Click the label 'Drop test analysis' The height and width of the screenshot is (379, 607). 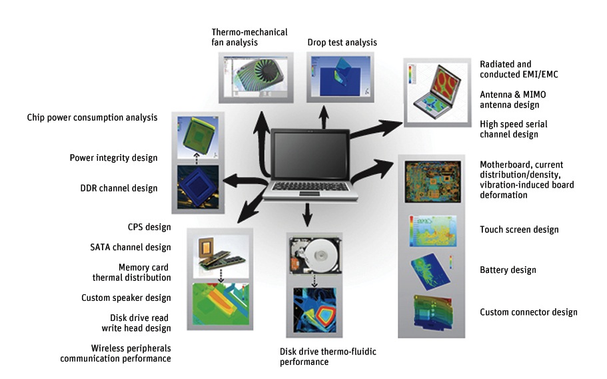click(342, 43)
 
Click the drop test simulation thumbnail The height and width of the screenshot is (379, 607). click(332, 78)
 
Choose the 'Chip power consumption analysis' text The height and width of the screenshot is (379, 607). click(92, 117)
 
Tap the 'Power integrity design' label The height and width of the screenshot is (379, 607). click(113, 158)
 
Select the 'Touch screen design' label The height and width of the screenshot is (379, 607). click(519, 230)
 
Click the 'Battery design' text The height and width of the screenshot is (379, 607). click(508, 270)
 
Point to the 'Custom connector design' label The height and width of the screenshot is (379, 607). click(528, 312)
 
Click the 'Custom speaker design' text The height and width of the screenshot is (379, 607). click(126, 298)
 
